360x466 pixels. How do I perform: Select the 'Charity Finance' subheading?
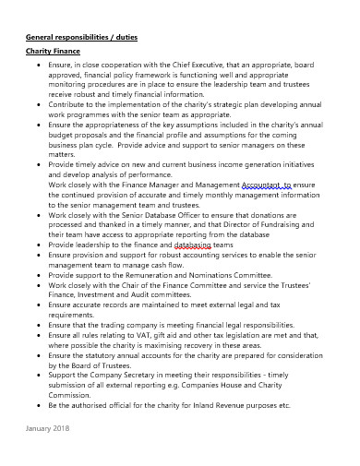coord(53,54)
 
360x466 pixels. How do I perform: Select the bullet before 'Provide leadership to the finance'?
coord(35,245)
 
